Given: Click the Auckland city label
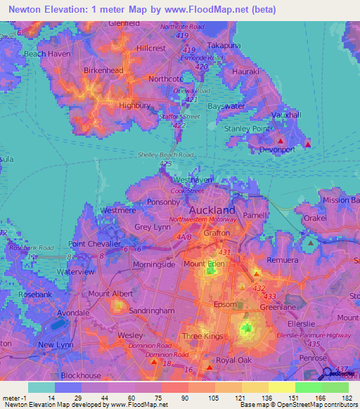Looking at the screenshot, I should [212, 210].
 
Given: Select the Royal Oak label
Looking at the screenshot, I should [234, 361].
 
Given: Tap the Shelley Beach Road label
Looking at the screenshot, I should [165, 155].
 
